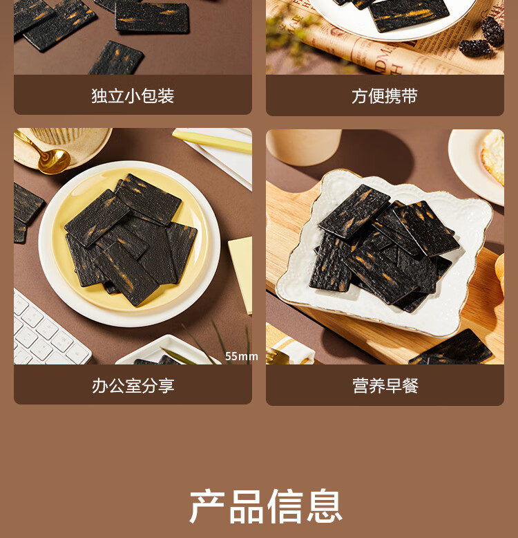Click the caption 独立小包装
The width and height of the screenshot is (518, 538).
coord(133,95)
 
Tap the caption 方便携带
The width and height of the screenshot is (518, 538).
coord(385,95)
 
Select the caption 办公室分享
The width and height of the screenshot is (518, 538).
coord(133,386)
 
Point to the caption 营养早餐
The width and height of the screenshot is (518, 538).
coord(385,386)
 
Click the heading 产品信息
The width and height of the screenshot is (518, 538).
coord(266,506)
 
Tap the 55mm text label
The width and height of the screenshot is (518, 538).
coord(241,357)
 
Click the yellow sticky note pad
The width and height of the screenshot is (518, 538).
coord(241,275)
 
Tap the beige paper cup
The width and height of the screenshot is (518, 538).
coord(303,147)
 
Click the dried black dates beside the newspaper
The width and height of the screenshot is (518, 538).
coord(483,37)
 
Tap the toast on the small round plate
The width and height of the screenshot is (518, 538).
coord(493,157)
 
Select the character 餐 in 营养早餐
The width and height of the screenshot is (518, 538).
coord(410,386)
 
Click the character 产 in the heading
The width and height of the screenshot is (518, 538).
coord(207,506)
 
